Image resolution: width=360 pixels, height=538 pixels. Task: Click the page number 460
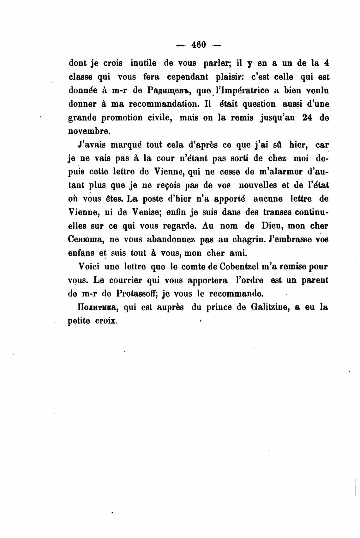pyautogui.click(x=198, y=45)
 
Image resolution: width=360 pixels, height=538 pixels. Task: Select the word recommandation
pyautogui.click(x=162, y=104)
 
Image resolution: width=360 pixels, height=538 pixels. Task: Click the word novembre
pyautogui.click(x=89, y=131)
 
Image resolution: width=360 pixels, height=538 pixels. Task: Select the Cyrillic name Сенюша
pyautogui.click(x=85, y=239)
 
